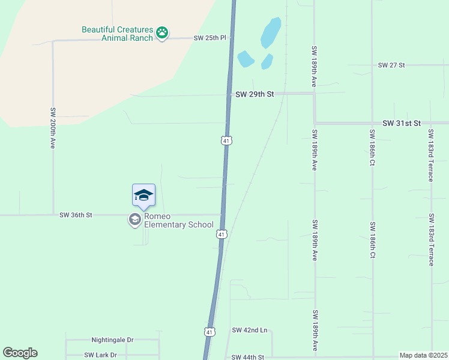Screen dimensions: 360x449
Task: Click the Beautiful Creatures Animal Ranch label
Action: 117,34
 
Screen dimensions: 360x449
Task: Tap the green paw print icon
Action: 161,32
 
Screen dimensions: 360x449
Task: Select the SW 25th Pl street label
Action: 209,38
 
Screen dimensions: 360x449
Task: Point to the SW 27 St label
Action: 392,65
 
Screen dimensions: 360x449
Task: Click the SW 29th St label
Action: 255,94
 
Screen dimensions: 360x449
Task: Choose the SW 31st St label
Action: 402,123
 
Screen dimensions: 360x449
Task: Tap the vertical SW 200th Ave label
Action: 53,128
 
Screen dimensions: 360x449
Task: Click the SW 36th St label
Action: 76,215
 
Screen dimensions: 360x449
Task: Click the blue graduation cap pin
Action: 143,196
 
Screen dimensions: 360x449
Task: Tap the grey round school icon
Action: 134,220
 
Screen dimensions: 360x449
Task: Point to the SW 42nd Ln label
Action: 249,331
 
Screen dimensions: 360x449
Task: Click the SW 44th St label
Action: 248,357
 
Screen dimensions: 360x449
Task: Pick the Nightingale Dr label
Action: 112,340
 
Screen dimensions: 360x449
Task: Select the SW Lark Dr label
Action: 100,355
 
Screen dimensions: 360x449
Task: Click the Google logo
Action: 20,353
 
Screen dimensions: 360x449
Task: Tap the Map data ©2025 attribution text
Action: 423,355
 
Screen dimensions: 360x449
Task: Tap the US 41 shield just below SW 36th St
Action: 221,234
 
